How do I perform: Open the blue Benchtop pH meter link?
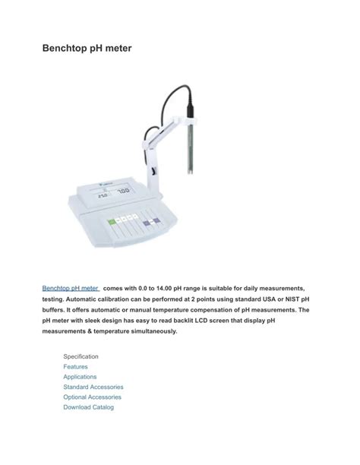(71, 289)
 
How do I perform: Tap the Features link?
(75, 366)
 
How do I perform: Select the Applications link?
(80, 377)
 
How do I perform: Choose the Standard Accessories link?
(93, 387)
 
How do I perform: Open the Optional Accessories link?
(92, 397)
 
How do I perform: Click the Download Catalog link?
(88, 407)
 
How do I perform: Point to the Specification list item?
(81, 356)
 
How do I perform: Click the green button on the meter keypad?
(113, 223)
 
